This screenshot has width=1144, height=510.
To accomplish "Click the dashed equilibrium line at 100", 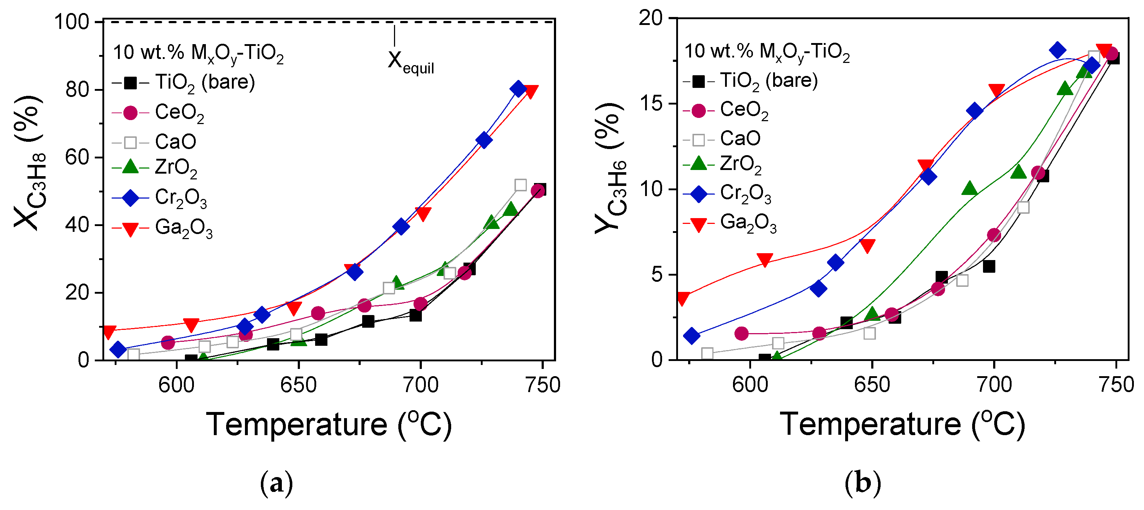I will (266, 21).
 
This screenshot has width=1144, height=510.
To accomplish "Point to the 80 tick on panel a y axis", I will (78, 90).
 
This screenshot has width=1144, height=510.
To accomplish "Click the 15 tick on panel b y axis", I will (651, 103).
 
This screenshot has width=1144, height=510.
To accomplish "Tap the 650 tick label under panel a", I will (298, 385).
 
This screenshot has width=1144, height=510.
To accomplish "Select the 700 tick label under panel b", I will (994, 385).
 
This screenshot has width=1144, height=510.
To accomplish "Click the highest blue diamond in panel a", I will (518, 89).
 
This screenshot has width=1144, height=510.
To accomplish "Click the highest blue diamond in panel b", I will (1058, 50).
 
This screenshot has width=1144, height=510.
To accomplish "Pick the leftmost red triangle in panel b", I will (683, 299).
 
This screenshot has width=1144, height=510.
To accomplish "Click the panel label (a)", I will (276, 483).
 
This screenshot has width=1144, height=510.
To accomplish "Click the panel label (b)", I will (862, 483).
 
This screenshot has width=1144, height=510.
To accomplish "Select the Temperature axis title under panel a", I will (329, 425).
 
